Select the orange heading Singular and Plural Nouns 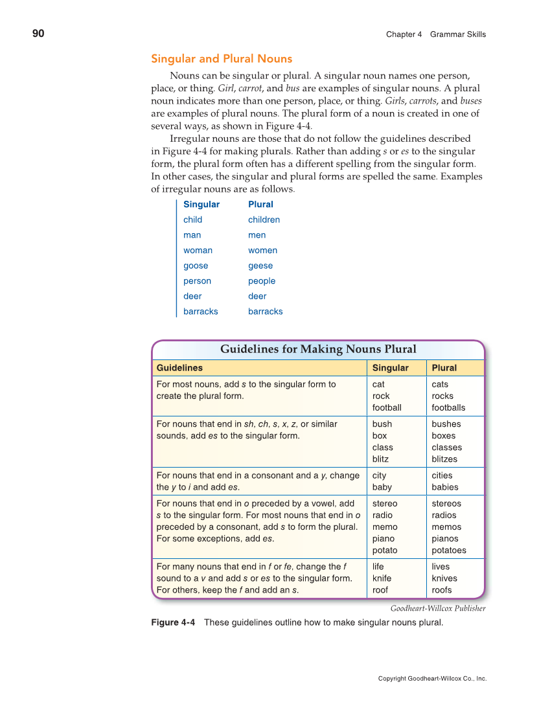point(222,59)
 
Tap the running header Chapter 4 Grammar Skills point(435,34)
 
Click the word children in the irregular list point(264,220)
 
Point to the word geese point(260,266)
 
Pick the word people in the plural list point(262,281)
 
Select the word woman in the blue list point(198,250)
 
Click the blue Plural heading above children point(260,204)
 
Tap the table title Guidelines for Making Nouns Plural point(318,349)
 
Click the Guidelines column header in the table point(179,368)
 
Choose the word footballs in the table point(448,407)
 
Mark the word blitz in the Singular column point(380,459)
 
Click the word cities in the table point(442,475)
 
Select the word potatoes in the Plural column point(448,551)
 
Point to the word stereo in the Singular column point(385,503)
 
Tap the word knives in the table point(444,578)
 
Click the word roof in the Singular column point(380,590)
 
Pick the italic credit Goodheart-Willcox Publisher point(438,608)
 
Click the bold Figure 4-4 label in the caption point(173,622)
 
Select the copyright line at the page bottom point(432,679)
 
